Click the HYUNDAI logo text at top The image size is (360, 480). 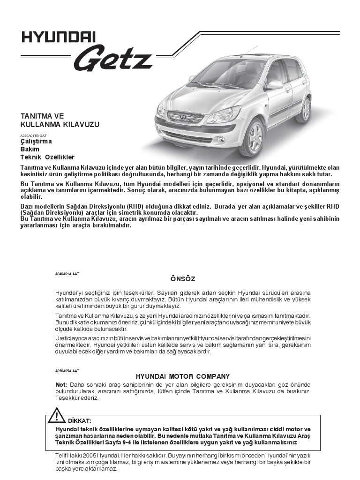[x=59, y=37]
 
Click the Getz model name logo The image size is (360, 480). [x=112, y=59]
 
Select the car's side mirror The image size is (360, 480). [x=274, y=84]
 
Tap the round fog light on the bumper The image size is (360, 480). [x=222, y=140]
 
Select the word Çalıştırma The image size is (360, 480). [x=36, y=141]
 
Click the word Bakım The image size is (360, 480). [x=30, y=149]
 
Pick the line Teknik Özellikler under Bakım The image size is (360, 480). [x=47, y=157]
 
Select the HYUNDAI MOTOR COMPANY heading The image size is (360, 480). [x=182, y=376]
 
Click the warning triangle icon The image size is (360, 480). [x=57, y=416]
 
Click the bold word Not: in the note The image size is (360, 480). [x=61, y=384]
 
